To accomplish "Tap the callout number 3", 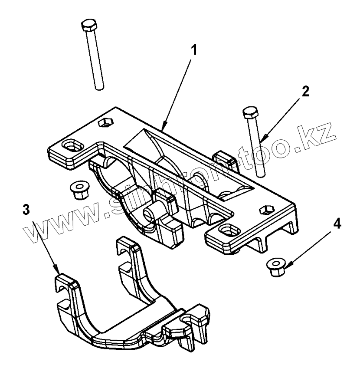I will coord(27,209).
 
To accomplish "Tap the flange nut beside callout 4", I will coord(275,264).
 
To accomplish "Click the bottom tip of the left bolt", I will coord(100,88).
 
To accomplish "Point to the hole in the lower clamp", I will coord(185,320).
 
